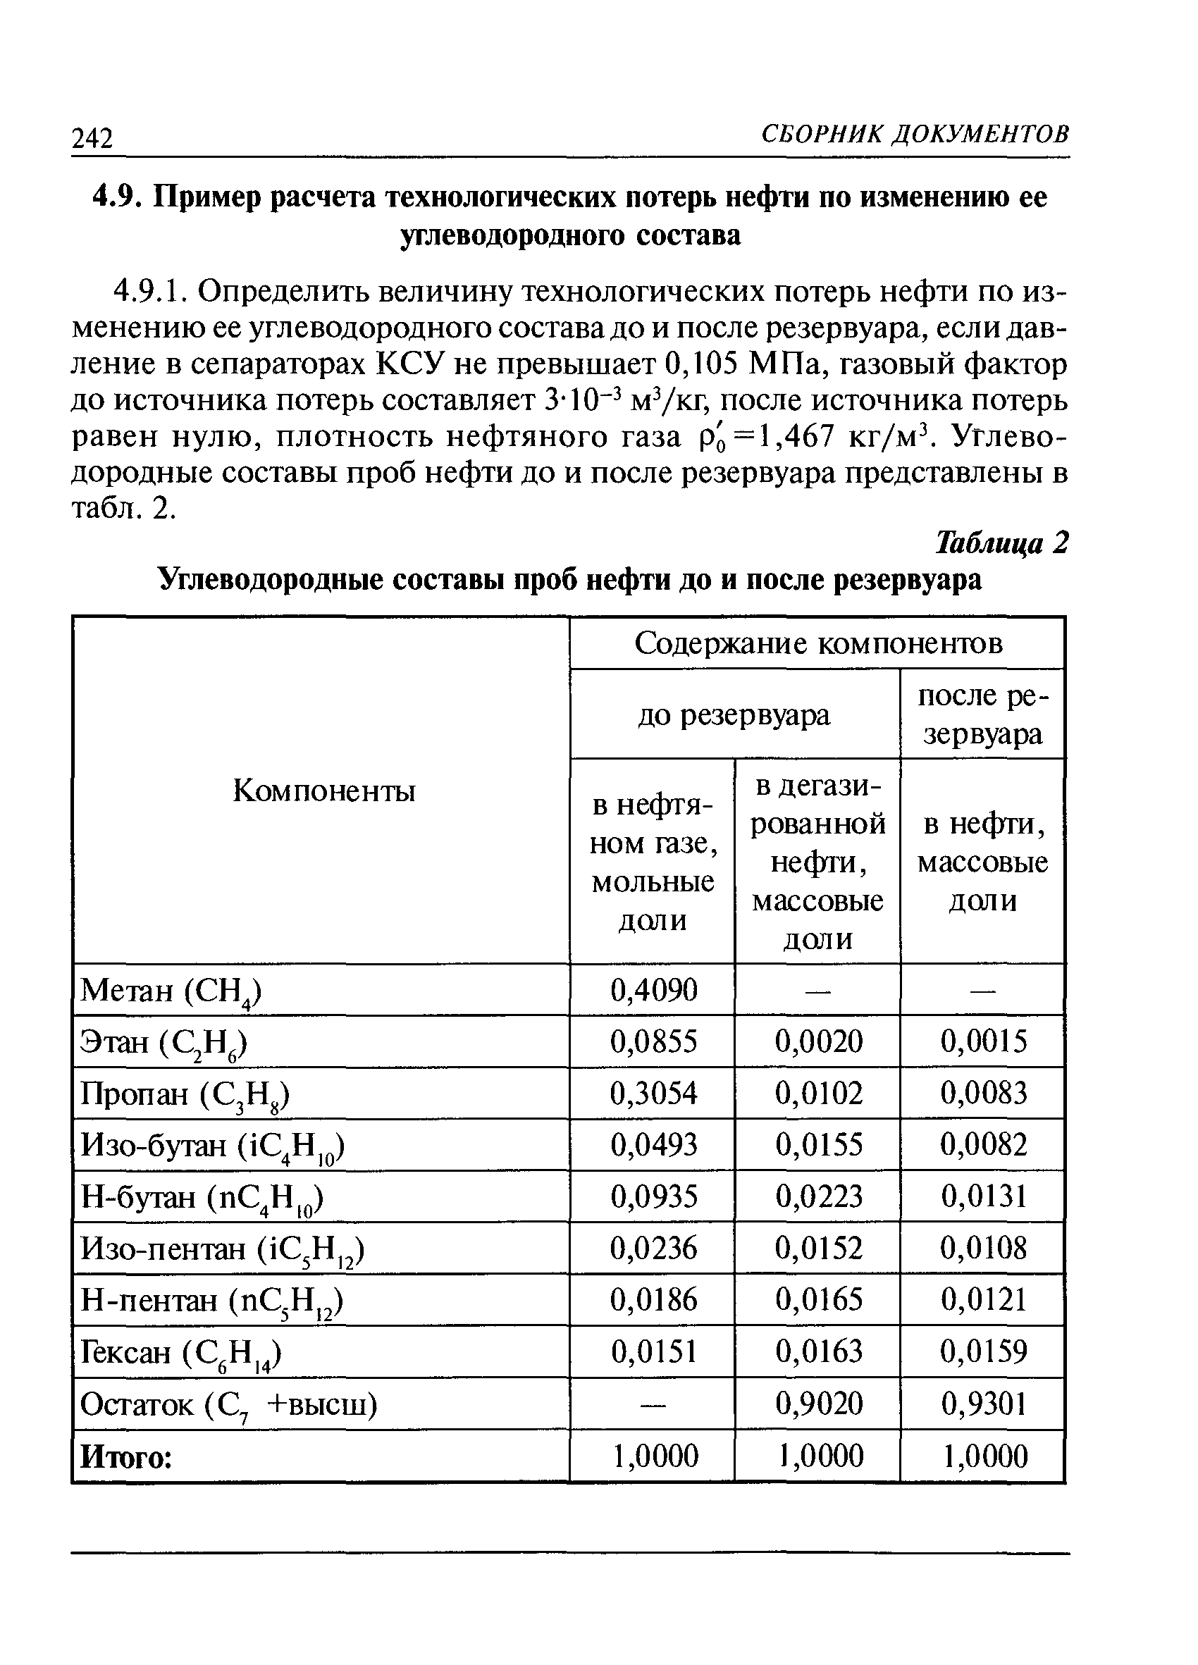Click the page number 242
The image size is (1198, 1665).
tap(92, 137)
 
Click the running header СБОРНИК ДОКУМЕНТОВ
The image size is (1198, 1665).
tap(915, 134)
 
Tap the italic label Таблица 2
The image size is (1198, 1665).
tap(1001, 543)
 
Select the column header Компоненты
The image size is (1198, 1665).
tap(323, 791)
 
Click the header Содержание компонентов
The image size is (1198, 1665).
tap(817, 643)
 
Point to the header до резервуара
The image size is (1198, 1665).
tap(734, 714)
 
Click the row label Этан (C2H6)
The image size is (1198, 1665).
tap(164, 1041)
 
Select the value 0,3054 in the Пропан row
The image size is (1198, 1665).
tap(653, 1093)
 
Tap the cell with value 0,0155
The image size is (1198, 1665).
tap(818, 1144)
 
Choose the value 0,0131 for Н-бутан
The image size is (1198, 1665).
tap(984, 1196)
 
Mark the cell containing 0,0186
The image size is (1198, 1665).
tap(653, 1300)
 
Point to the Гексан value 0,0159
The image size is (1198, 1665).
tap(984, 1351)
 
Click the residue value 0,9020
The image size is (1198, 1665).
tap(818, 1404)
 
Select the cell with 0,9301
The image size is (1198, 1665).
tap(984, 1404)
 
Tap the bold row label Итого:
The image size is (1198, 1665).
tap(125, 1456)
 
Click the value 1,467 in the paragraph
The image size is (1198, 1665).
tap(796, 436)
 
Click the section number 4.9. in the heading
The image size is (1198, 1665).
tap(116, 197)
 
